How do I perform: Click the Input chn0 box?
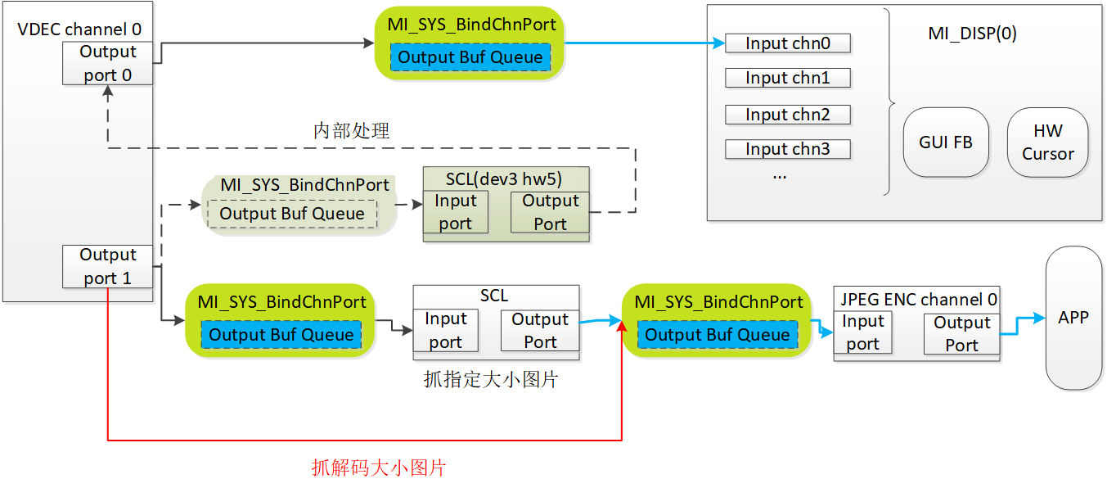click(788, 43)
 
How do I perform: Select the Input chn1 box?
click(788, 78)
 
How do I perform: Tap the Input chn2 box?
click(788, 114)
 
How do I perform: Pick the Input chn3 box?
click(788, 149)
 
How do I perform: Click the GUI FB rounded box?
click(945, 142)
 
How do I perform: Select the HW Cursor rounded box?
click(1048, 142)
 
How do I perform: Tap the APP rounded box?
click(1073, 318)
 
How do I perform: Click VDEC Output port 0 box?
click(108, 63)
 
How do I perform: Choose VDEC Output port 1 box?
click(108, 266)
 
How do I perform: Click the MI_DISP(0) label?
click(972, 33)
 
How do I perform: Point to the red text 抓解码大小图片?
click(379, 468)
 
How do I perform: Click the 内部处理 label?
click(351, 131)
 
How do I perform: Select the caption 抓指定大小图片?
click(491, 380)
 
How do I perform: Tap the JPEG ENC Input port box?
click(863, 332)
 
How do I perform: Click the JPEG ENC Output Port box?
click(961, 334)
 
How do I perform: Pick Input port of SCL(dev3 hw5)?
click(455, 211)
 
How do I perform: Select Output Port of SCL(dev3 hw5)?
click(550, 211)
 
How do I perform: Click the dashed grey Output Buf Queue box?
click(292, 214)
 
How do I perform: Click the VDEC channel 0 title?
click(79, 29)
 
